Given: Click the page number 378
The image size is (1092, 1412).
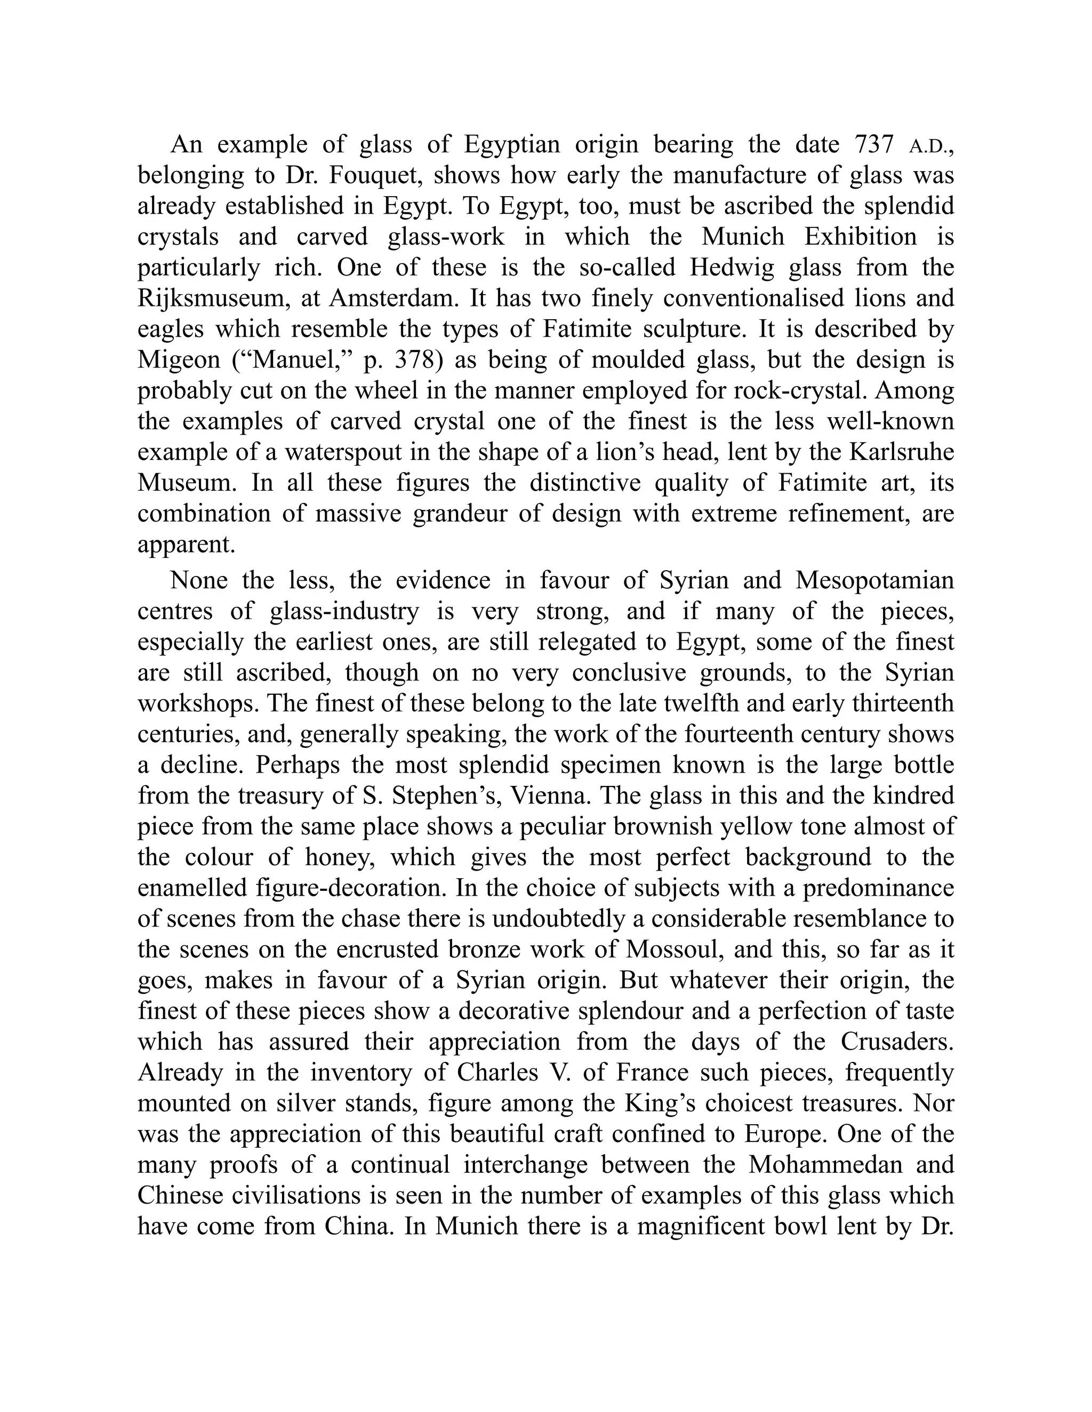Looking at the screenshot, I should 419,360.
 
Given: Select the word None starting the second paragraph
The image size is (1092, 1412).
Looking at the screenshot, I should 198,581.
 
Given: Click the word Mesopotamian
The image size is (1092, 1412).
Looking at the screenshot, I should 874,581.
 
